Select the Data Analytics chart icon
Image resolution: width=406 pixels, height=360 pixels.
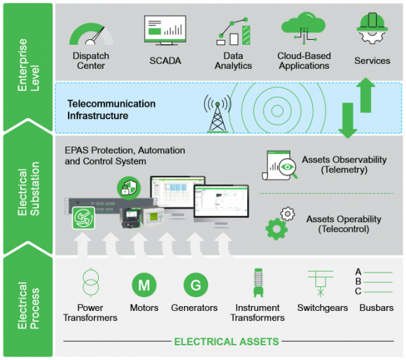point(233,32)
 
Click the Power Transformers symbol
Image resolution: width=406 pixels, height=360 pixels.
point(90,283)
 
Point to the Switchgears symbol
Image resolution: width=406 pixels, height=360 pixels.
point(319,284)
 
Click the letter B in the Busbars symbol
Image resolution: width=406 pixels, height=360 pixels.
point(358,281)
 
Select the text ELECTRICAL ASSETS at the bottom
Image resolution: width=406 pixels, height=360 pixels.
point(226,342)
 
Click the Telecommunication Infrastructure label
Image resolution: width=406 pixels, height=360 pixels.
point(111,110)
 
